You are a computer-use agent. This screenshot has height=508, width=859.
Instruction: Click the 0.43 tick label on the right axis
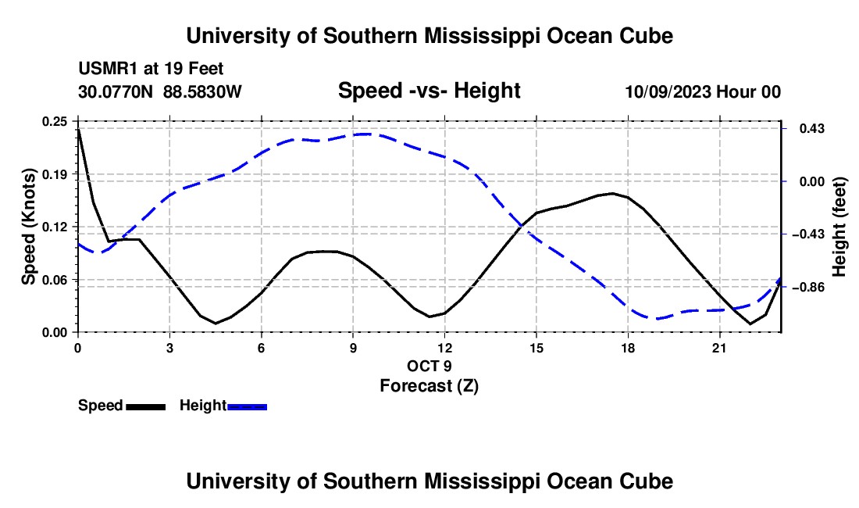[x=812, y=129]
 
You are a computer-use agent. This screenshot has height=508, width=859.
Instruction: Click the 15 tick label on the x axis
[x=536, y=348]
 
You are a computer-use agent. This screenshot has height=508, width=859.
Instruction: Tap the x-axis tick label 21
[x=719, y=348]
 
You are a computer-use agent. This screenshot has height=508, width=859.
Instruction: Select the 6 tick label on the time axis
[x=262, y=348]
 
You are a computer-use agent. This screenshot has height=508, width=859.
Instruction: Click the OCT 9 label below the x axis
[x=429, y=366]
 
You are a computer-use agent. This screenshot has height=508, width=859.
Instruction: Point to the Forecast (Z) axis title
[x=429, y=386]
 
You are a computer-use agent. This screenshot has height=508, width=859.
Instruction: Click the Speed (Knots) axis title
[x=28, y=227]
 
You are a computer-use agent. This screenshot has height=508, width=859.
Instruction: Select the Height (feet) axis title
[x=839, y=227]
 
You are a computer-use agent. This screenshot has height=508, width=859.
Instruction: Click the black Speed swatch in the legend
[x=146, y=406]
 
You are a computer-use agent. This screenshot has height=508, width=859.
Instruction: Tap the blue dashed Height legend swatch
[x=247, y=406]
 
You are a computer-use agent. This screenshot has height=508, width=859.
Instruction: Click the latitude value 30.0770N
[x=116, y=91]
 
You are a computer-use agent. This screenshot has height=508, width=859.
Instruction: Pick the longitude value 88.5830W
[x=202, y=91]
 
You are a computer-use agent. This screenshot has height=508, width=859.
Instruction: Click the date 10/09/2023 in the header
[x=668, y=91]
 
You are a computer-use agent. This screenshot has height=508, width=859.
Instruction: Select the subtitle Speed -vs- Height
[x=429, y=91]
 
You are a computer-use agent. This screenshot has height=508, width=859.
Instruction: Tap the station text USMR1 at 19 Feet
[x=151, y=69]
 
